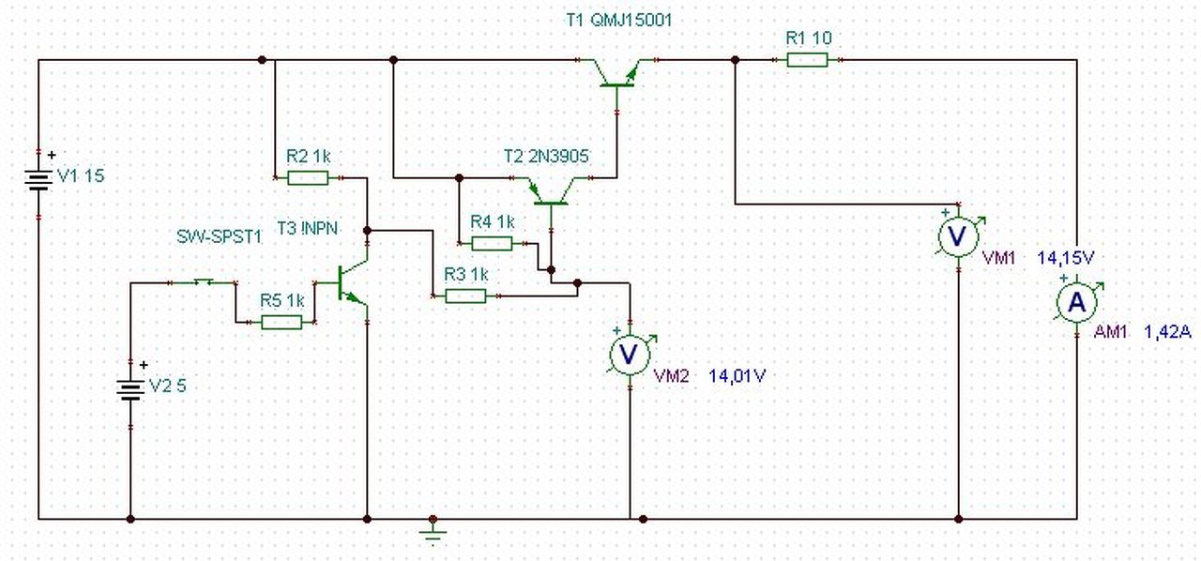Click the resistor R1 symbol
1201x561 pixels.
tap(807, 60)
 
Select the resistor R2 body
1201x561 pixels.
tap(308, 177)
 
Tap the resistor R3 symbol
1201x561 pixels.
tap(465, 296)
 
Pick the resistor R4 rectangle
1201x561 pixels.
tap(492, 244)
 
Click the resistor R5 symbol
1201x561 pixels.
tap(281, 323)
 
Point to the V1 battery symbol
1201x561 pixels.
tap(38, 180)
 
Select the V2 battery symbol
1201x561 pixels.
tap(130, 390)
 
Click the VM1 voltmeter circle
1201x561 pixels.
tap(959, 236)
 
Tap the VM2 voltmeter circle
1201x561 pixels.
tap(630, 354)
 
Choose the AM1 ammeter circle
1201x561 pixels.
tap(1076, 303)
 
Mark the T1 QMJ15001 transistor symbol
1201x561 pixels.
tap(616, 75)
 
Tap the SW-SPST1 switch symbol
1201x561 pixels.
tap(204, 281)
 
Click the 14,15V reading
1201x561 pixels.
tap(1065, 258)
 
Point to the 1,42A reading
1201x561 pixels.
tap(1168, 332)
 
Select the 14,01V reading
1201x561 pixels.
tap(737, 376)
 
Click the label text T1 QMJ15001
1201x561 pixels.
tap(619, 21)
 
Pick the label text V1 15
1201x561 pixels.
tap(81, 176)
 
